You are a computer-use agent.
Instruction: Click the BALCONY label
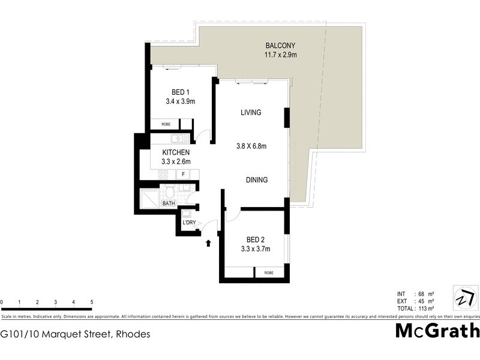tap(281, 46)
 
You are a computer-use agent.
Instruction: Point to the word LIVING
tap(251, 112)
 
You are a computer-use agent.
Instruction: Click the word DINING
tap(256, 180)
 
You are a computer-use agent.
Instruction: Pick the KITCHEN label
tap(176, 152)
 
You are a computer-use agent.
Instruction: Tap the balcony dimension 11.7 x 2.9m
tap(281, 55)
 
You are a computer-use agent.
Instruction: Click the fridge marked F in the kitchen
tap(183, 175)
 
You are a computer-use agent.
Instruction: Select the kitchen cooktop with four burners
tap(163, 175)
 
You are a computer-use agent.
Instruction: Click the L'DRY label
tap(189, 223)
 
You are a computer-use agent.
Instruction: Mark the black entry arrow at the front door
tap(208, 243)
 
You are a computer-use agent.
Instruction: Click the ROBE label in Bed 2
tap(268, 272)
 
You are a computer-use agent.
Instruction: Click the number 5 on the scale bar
tap(91, 302)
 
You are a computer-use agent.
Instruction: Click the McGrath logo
tap(437, 331)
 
